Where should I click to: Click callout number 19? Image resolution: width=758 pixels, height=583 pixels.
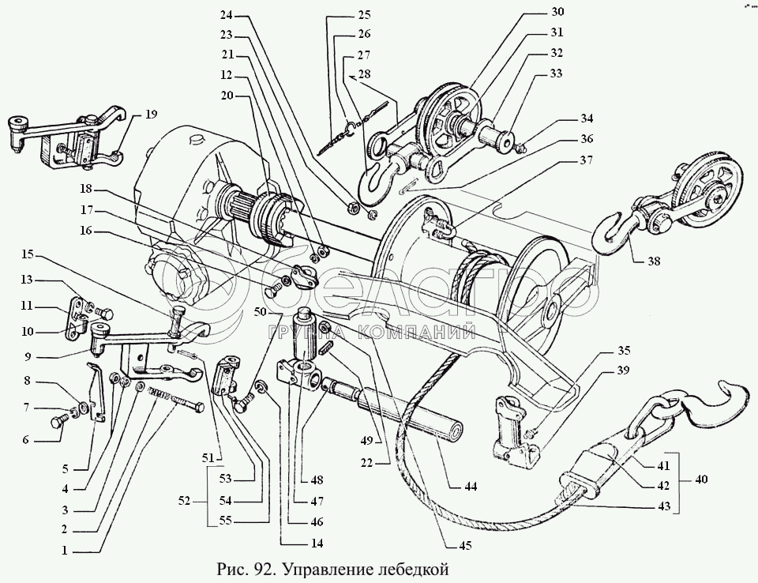coord(151,115)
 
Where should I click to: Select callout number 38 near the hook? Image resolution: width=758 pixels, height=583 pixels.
coord(654,261)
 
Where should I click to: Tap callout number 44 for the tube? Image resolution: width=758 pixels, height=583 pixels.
coord(471,487)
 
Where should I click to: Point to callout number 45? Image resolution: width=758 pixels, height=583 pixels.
coord(464,545)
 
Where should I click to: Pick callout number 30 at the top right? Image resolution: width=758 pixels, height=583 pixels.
coord(557,12)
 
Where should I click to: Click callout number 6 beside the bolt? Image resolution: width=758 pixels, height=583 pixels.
coord(25,440)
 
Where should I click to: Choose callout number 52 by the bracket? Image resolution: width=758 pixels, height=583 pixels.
coord(184,501)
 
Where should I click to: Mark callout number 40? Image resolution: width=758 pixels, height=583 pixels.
coord(700,479)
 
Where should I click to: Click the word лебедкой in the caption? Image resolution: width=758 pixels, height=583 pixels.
coord(414,569)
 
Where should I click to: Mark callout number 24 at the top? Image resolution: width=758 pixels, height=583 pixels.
coord(227,15)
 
